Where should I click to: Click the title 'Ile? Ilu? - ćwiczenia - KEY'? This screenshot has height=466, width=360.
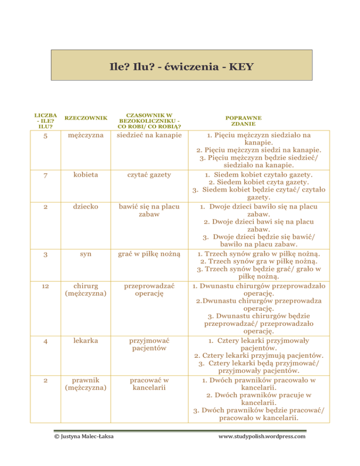tap(180, 67)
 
